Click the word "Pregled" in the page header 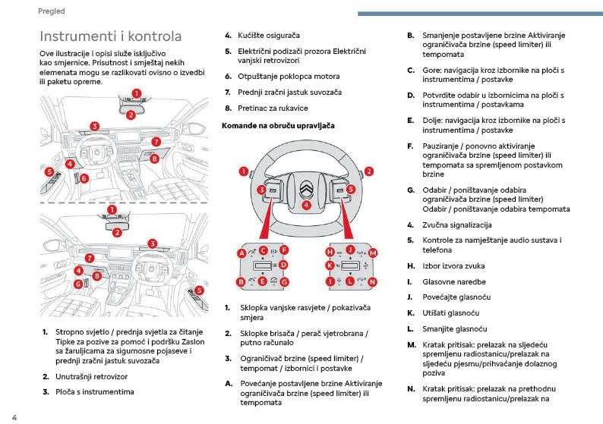pyautogui.click(x=51, y=11)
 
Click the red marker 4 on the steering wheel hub pyautogui.click(x=306, y=204)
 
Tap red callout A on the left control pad pyautogui.click(x=242, y=253)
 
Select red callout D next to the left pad pyautogui.click(x=283, y=265)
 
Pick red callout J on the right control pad pyautogui.click(x=350, y=250)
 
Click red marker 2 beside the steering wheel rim pyautogui.click(x=368, y=171)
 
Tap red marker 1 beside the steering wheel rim pyautogui.click(x=245, y=172)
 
